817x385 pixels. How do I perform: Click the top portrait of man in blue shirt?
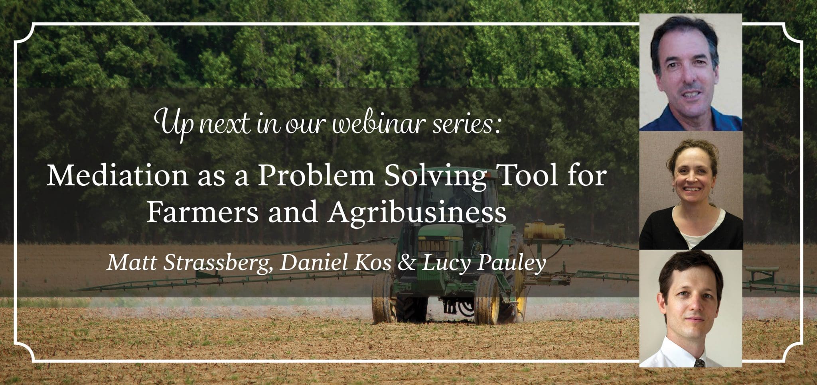[x=691, y=72]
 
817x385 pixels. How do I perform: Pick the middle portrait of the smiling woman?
[x=691, y=190]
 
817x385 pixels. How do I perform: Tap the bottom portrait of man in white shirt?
[x=691, y=308]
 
